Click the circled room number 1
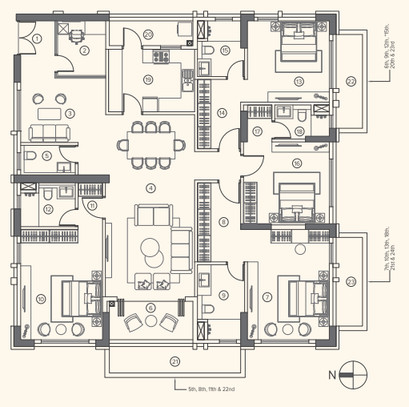[x=38, y=38]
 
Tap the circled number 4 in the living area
[x=150, y=187]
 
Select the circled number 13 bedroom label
[x=299, y=81]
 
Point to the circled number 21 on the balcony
[x=174, y=361]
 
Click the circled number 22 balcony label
[x=351, y=82]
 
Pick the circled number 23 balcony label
[x=351, y=281]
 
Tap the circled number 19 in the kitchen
[x=148, y=79]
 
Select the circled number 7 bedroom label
[x=267, y=296]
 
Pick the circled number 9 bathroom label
[x=224, y=296]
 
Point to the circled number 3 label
[x=70, y=113]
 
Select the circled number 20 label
[x=148, y=34]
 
